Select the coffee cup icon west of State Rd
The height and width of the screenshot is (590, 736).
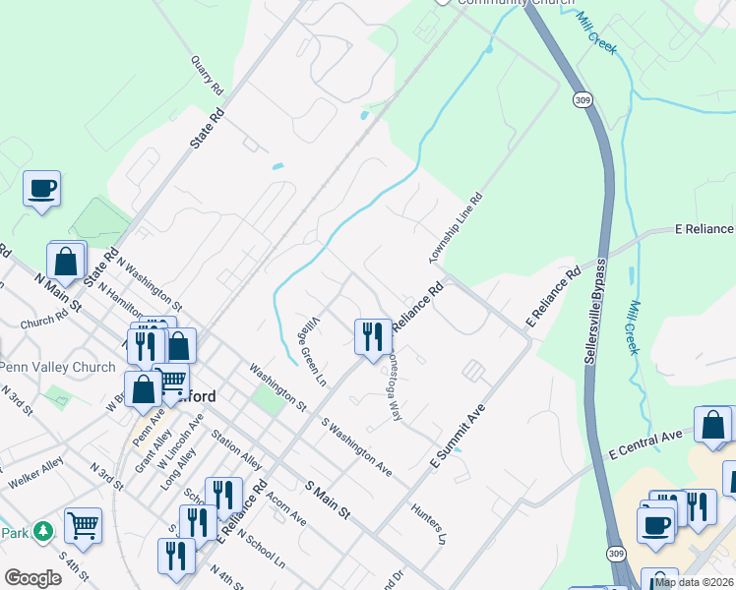[x=41, y=187]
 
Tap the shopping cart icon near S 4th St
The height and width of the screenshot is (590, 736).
[x=83, y=525]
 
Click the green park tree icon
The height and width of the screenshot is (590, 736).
[x=42, y=532]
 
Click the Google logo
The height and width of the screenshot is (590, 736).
[x=32, y=577]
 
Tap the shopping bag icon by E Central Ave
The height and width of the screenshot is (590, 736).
[x=711, y=424]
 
